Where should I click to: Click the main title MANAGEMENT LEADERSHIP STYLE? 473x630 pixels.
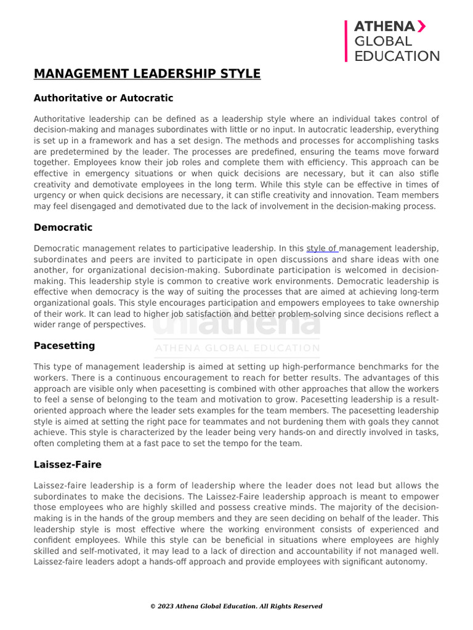click(147, 74)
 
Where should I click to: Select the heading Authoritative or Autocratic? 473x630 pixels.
click(103, 98)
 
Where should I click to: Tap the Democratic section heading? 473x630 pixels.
click(63, 228)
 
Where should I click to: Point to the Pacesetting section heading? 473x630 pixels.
click(64, 346)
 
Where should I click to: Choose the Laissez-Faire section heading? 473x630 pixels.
click(68, 465)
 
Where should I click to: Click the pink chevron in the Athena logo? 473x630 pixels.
click(421, 26)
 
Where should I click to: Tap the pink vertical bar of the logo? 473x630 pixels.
click(346, 41)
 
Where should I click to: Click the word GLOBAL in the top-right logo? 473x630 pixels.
click(382, 41)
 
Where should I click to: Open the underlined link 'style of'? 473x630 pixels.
click(322, 249)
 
